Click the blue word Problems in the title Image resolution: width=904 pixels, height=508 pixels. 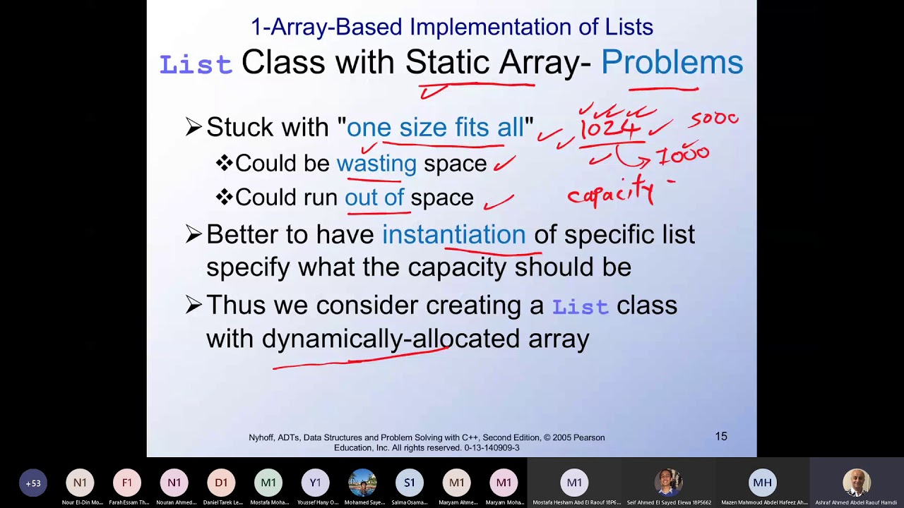click(672, 63)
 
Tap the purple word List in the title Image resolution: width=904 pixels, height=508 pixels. click(196, 65)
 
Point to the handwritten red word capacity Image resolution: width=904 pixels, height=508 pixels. click(612, 192)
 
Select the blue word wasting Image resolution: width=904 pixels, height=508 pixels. click(376, 164)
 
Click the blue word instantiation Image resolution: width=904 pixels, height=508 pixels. click(453, 235)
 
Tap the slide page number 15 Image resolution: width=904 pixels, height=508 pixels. click(721, 437)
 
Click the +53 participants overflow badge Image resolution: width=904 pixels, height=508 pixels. click(33, 483)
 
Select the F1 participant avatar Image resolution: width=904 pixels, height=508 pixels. click(127, 483)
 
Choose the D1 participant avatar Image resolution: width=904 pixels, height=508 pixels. click(221, 483)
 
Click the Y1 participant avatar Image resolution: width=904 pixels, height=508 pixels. click(315, 483)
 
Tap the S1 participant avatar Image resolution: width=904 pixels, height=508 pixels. click(410, 483)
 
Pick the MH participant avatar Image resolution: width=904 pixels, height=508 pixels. click(762, 483)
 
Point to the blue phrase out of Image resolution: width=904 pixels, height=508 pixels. click(374, 198)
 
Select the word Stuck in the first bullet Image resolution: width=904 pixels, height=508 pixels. click(239, 128)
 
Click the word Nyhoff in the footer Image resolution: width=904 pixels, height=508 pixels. click(263, 438)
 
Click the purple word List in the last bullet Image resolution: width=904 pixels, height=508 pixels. click(580, 307)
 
